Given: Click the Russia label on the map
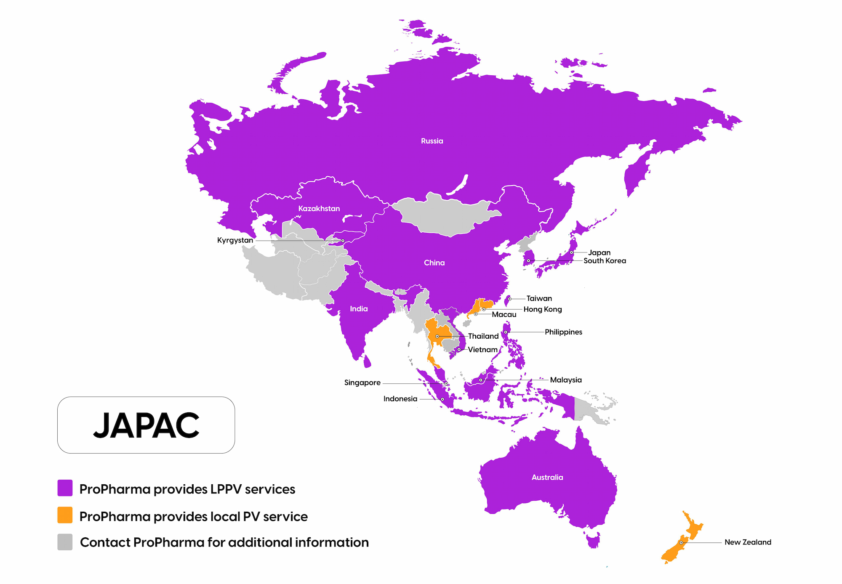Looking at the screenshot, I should [432, 141].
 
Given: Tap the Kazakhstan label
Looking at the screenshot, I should [319, 209].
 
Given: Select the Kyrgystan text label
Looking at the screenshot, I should [235, 240].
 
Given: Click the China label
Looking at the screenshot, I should [434, 263].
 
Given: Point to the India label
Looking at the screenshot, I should [359, 309].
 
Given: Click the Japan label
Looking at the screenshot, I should [599, 252].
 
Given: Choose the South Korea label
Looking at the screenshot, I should [605, 261].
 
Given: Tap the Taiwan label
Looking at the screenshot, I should [539, 298].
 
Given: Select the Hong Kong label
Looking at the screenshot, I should [542, 309].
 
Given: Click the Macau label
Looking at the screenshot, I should [504, 315].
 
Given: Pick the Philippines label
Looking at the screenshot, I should [563, 332].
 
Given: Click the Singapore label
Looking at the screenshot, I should [362, 382].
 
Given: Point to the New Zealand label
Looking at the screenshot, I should [748, 542].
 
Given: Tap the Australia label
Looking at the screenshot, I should [547, 478].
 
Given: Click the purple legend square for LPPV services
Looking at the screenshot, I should [65, 488].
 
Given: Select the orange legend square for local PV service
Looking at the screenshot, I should [65, 515].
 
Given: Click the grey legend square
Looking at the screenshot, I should [65, 542].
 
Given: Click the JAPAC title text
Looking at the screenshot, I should [146, 425].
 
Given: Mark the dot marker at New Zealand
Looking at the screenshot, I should [681, 543].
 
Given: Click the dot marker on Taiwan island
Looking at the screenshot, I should [509, 299].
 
